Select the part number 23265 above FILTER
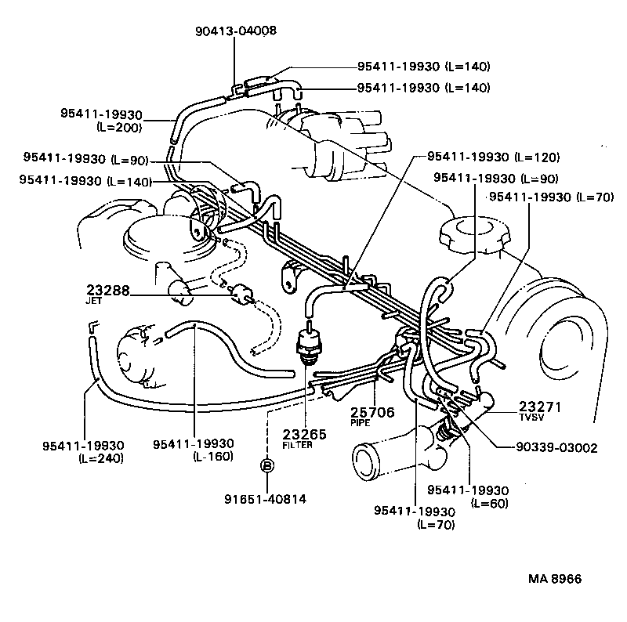301,435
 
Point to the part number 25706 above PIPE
371,412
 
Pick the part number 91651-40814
266,497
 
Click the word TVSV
528,419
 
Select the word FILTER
298,445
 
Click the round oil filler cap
471,233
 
